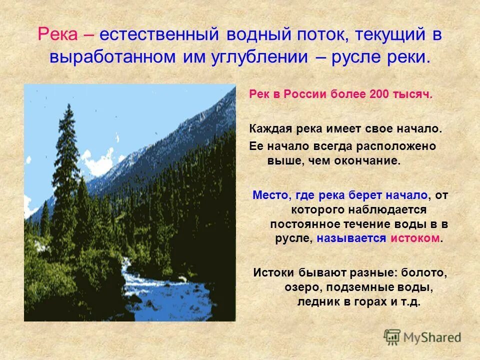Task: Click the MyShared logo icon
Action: pos(392,337)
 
